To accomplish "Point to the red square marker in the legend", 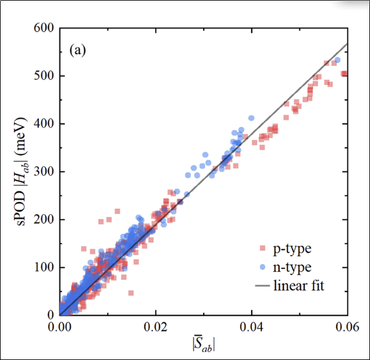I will point(263,248).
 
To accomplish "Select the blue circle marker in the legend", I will point(263,267).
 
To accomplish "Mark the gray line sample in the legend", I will point(263,285).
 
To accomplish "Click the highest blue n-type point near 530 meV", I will point(337,60).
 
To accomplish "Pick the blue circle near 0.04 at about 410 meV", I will point(251,118).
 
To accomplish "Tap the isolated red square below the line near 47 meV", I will point(130,293).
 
